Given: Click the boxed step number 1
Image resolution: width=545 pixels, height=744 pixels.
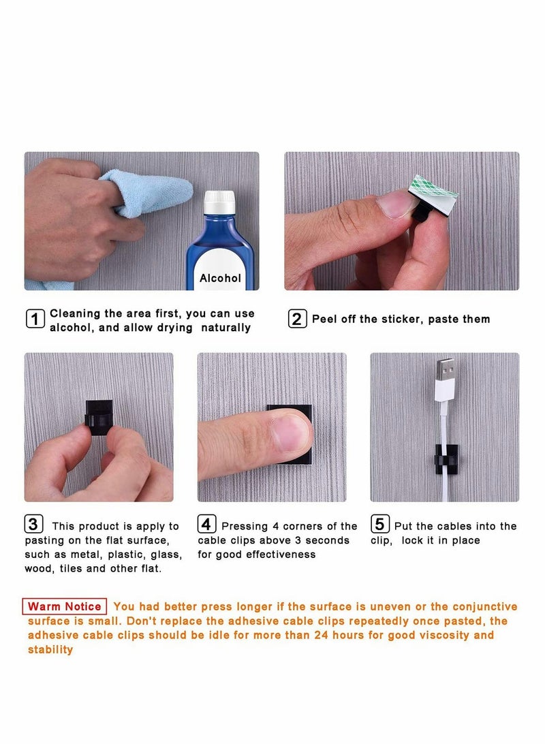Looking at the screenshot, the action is coord(35,319).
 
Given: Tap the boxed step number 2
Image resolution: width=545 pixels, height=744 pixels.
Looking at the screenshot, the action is coord(298,318).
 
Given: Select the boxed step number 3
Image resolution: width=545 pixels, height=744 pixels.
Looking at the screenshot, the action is coord(33,524).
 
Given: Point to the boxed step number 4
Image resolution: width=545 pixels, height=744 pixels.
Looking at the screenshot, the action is coord(207,524).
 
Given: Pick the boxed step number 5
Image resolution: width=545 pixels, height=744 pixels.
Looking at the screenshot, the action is coord(380,524).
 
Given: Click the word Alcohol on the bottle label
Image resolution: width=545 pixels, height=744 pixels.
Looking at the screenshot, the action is coord(220,278).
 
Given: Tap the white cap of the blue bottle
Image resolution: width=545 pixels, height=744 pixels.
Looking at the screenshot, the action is coord(219,202).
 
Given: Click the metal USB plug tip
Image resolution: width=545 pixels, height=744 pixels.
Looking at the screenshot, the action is coord(445,369).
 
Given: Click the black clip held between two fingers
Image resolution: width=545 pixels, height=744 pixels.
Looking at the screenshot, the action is coord(99,416).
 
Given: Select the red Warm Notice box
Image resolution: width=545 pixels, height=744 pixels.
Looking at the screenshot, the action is coord(65,606).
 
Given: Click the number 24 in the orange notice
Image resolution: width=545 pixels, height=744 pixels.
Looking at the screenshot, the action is coord(321,635).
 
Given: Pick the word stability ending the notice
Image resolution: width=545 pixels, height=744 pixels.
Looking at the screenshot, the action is coord(50,649).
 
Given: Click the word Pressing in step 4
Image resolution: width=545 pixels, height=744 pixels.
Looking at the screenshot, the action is coord(245,527).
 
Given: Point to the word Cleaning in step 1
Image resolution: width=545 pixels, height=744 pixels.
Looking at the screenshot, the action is coord(76,313).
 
